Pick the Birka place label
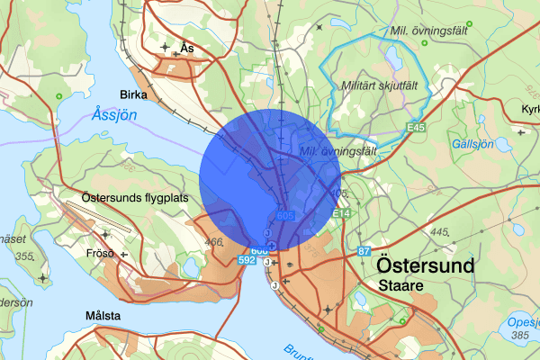[139, 94]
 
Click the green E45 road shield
[415, 128]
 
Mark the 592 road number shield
[248, 259]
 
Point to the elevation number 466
[214, 242]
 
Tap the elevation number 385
[518, 336]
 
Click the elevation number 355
[24, 257]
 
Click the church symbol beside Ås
[165, 46]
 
